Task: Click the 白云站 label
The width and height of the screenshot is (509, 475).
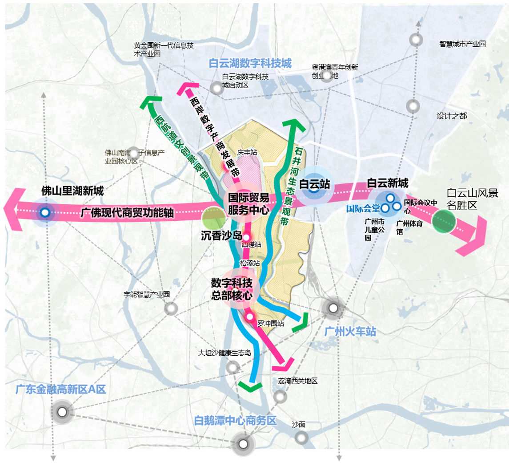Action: click(314, 184)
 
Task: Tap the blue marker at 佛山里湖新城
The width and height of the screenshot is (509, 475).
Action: click(44, 213)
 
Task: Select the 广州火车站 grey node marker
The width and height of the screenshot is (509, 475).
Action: click(333, 307)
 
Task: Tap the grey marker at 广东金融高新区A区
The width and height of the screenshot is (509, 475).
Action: click(62, 412)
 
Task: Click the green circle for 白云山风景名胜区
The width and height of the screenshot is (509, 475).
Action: click(444, 222)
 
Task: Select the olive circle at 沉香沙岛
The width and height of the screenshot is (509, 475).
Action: click(213, 218)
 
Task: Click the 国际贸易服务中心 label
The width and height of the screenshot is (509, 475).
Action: click(248, 203)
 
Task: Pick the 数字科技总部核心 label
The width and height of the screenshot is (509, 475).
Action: click(232, 289)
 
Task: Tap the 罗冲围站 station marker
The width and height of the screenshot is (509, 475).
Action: click(250, 317)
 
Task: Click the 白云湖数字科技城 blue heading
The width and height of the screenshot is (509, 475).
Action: click(250, 64)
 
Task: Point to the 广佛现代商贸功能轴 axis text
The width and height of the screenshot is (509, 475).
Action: click(127, 213)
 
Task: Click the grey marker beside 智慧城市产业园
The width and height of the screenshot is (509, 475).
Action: click(416, 40)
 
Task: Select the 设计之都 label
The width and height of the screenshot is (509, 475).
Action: click(452, 116)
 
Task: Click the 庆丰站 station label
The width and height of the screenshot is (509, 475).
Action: click(247, 152)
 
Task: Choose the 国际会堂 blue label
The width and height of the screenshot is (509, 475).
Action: click(363, 208)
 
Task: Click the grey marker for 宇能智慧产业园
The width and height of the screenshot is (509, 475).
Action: click(171, 308)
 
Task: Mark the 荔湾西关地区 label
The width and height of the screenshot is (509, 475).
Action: click(297, 381)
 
